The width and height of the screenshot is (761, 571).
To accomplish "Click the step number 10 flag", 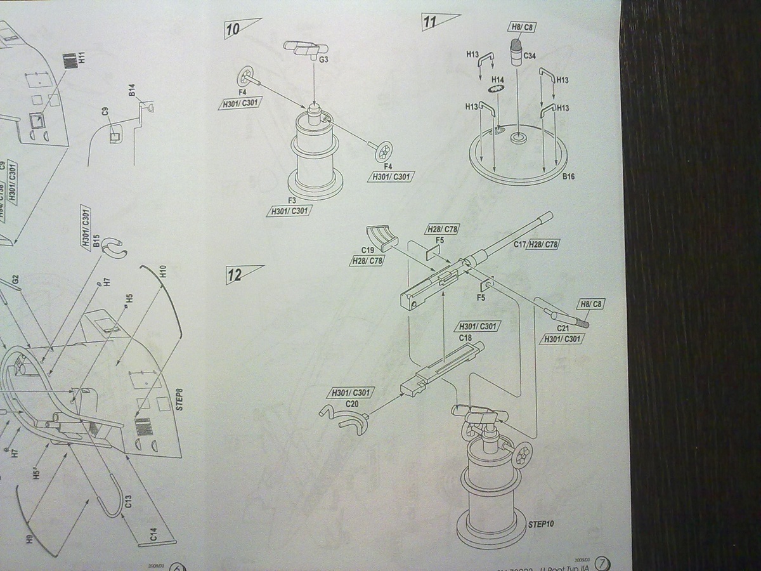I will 241,29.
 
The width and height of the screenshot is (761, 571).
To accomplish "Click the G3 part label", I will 323,60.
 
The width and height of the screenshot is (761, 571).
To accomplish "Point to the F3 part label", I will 292,200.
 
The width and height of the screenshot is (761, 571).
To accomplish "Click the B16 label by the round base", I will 568,176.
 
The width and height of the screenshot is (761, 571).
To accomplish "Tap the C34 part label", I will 530,55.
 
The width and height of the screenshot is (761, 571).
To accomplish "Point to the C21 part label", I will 563,329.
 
